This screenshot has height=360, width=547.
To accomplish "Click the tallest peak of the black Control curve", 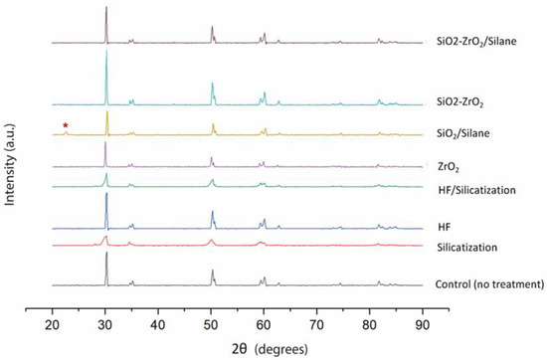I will pyautogui.click(x=106, y=254).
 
